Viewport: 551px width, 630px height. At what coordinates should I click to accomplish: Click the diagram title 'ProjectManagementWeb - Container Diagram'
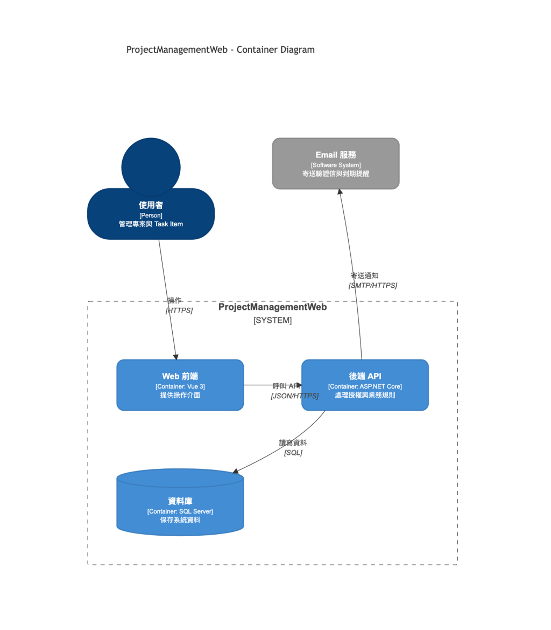[220, 50]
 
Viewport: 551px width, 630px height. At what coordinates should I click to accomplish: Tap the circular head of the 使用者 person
[151, 167]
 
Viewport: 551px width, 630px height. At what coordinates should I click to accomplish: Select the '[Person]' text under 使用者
[151, 216]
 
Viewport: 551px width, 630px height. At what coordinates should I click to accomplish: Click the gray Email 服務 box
[336, 163]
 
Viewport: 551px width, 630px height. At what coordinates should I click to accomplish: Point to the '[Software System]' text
[336, 165]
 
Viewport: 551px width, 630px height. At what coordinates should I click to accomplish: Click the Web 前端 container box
[180, 385]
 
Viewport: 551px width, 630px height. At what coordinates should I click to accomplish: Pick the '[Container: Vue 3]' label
[180, 386]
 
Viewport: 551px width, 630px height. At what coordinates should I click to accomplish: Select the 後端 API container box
[365, 385]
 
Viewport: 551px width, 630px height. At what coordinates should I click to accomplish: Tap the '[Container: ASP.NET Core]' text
[365, 386]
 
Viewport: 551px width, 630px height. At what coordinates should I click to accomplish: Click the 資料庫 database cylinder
[180, 502]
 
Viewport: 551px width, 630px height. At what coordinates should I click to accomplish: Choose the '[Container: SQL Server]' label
[180, 511]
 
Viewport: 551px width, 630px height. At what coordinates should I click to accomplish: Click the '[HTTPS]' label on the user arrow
[179, 310]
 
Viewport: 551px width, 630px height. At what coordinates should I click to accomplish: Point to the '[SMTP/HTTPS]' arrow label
[373, 286]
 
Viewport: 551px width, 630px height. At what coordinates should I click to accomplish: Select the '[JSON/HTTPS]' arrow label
[295, 396]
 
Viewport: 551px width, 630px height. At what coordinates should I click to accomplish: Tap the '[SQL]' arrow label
[293, 453]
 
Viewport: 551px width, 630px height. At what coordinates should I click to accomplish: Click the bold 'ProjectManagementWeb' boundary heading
[273, 307]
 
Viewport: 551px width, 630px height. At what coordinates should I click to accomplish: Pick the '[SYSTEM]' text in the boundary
[273, 320]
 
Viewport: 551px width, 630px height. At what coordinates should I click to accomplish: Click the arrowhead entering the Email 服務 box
[340, 192]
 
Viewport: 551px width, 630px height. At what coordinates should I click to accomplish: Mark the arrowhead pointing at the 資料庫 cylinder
[236, 472]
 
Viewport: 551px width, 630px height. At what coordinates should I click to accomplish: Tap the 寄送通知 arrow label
[364, 275]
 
